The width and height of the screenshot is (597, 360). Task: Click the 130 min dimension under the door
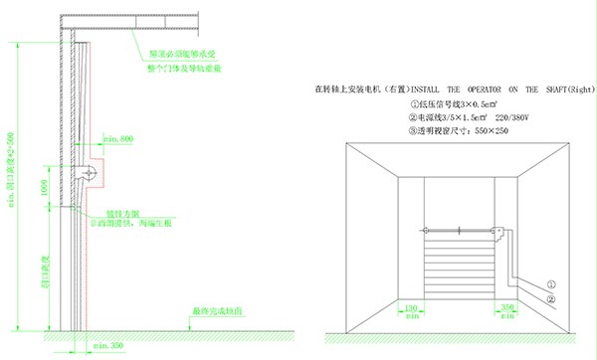pos(410,308)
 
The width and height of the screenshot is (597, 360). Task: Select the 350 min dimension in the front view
pos(506,308)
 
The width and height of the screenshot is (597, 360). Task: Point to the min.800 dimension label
pos(118,139)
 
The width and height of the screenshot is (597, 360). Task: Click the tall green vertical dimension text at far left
pos(11,175)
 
